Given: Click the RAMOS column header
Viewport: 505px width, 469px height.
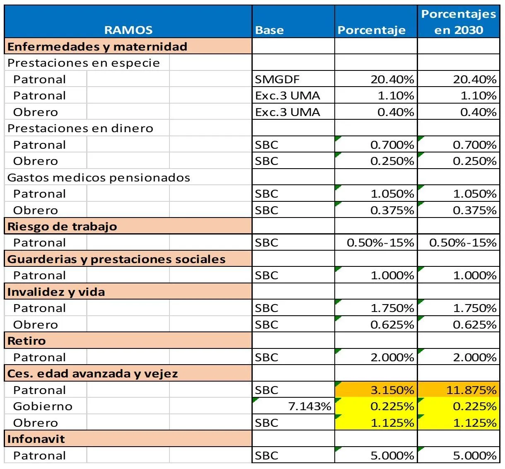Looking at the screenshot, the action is (128, 30).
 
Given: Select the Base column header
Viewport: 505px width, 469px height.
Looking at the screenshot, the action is (269, 30).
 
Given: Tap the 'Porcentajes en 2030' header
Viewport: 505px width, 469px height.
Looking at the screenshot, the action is (459, 22).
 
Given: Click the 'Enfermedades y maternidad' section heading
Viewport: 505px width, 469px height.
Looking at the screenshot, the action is (97, 46).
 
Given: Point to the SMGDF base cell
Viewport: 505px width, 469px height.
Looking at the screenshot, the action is (277, 80).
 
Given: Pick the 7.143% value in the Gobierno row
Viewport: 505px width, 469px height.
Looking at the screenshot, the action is (309, 406).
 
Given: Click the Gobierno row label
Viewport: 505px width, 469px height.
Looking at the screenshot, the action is (43, 406).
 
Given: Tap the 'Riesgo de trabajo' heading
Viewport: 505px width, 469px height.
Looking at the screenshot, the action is (62, 226).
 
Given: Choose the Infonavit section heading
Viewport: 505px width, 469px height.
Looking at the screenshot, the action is (36, 439).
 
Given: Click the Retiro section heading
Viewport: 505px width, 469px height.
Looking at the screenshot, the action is (27, 341).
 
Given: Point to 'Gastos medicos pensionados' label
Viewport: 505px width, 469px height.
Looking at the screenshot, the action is (99, 177).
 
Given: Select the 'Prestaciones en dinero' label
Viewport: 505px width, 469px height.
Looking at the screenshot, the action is (80, 128).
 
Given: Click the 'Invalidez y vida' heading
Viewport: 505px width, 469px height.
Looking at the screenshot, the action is (56, 292).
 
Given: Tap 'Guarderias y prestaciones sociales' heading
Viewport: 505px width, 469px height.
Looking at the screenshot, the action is (116, 259).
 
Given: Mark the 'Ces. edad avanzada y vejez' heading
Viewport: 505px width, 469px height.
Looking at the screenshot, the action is (92, 374).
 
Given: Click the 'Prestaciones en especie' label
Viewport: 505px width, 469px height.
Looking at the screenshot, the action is (83, 63).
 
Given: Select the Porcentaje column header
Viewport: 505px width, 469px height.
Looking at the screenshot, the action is (372, 30).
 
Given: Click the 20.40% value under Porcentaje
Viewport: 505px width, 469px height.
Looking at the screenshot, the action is (392, 80).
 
